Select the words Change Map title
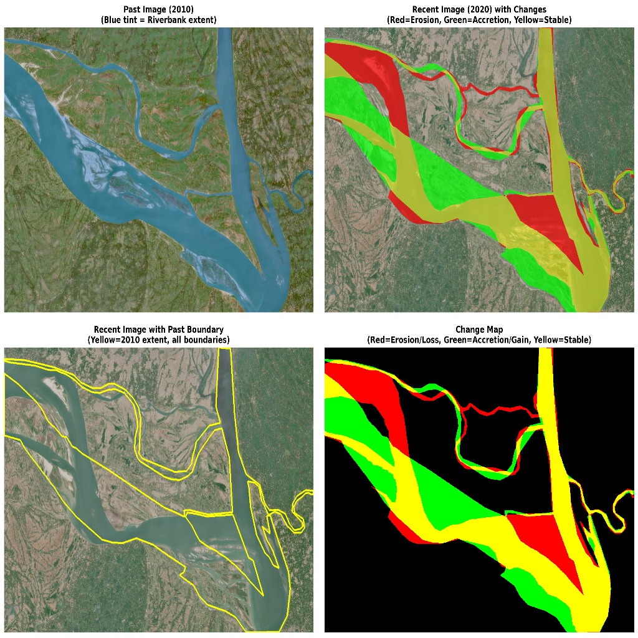pos(478,330)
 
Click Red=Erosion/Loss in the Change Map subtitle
pos(401,340)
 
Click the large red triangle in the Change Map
pos(548,542)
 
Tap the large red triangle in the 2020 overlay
pos(545,224)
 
